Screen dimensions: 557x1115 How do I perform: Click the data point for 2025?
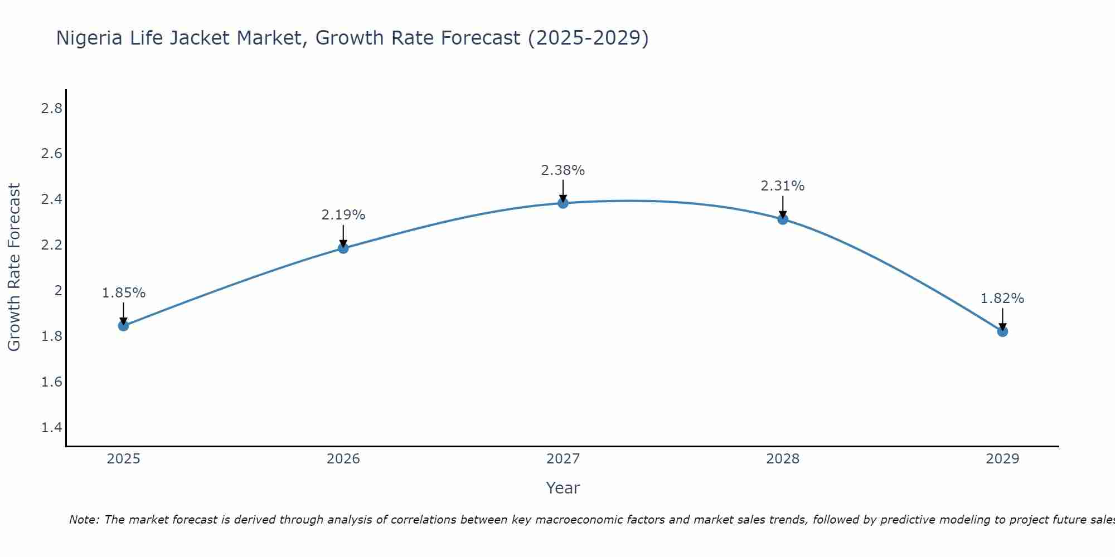(x=124, y=326)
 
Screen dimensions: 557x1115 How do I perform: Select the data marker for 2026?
(x=343, y=248)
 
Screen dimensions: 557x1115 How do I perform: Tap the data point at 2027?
(x=563, y=203)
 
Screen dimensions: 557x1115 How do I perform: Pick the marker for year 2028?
(x=783, y=219)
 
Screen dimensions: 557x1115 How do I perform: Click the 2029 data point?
(x=1002, y=332)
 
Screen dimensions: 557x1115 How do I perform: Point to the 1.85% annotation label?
(x=124, y=293)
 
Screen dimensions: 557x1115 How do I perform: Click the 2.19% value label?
(x=343, y=215)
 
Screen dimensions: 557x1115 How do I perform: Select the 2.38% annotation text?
(x=563, y=170)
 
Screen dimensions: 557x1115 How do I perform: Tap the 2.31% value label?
(x=783, y=186)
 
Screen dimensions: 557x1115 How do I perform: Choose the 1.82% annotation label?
(x=1002, y=299)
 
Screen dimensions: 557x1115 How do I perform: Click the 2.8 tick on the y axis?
(x=52, y=108)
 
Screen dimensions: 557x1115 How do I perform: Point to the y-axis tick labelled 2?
(x=58, y=291)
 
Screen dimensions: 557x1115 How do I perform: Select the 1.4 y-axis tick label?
(x=52, y=428)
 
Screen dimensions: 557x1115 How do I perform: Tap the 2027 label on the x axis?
(x=563, y=459)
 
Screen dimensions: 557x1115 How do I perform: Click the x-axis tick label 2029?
(x=1002, y=459)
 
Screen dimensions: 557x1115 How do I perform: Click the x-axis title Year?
(x=563, y=488)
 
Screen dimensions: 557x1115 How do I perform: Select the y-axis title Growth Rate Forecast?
(x=14, y=267)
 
